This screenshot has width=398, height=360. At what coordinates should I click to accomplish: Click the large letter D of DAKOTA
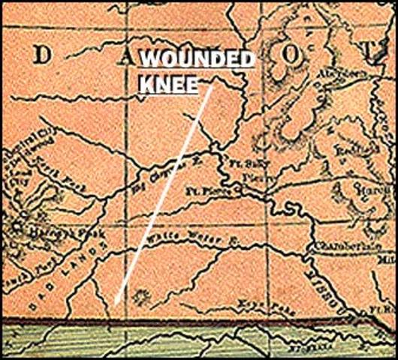(44, 55)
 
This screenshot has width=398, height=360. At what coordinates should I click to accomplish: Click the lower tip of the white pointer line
(116, 302)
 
